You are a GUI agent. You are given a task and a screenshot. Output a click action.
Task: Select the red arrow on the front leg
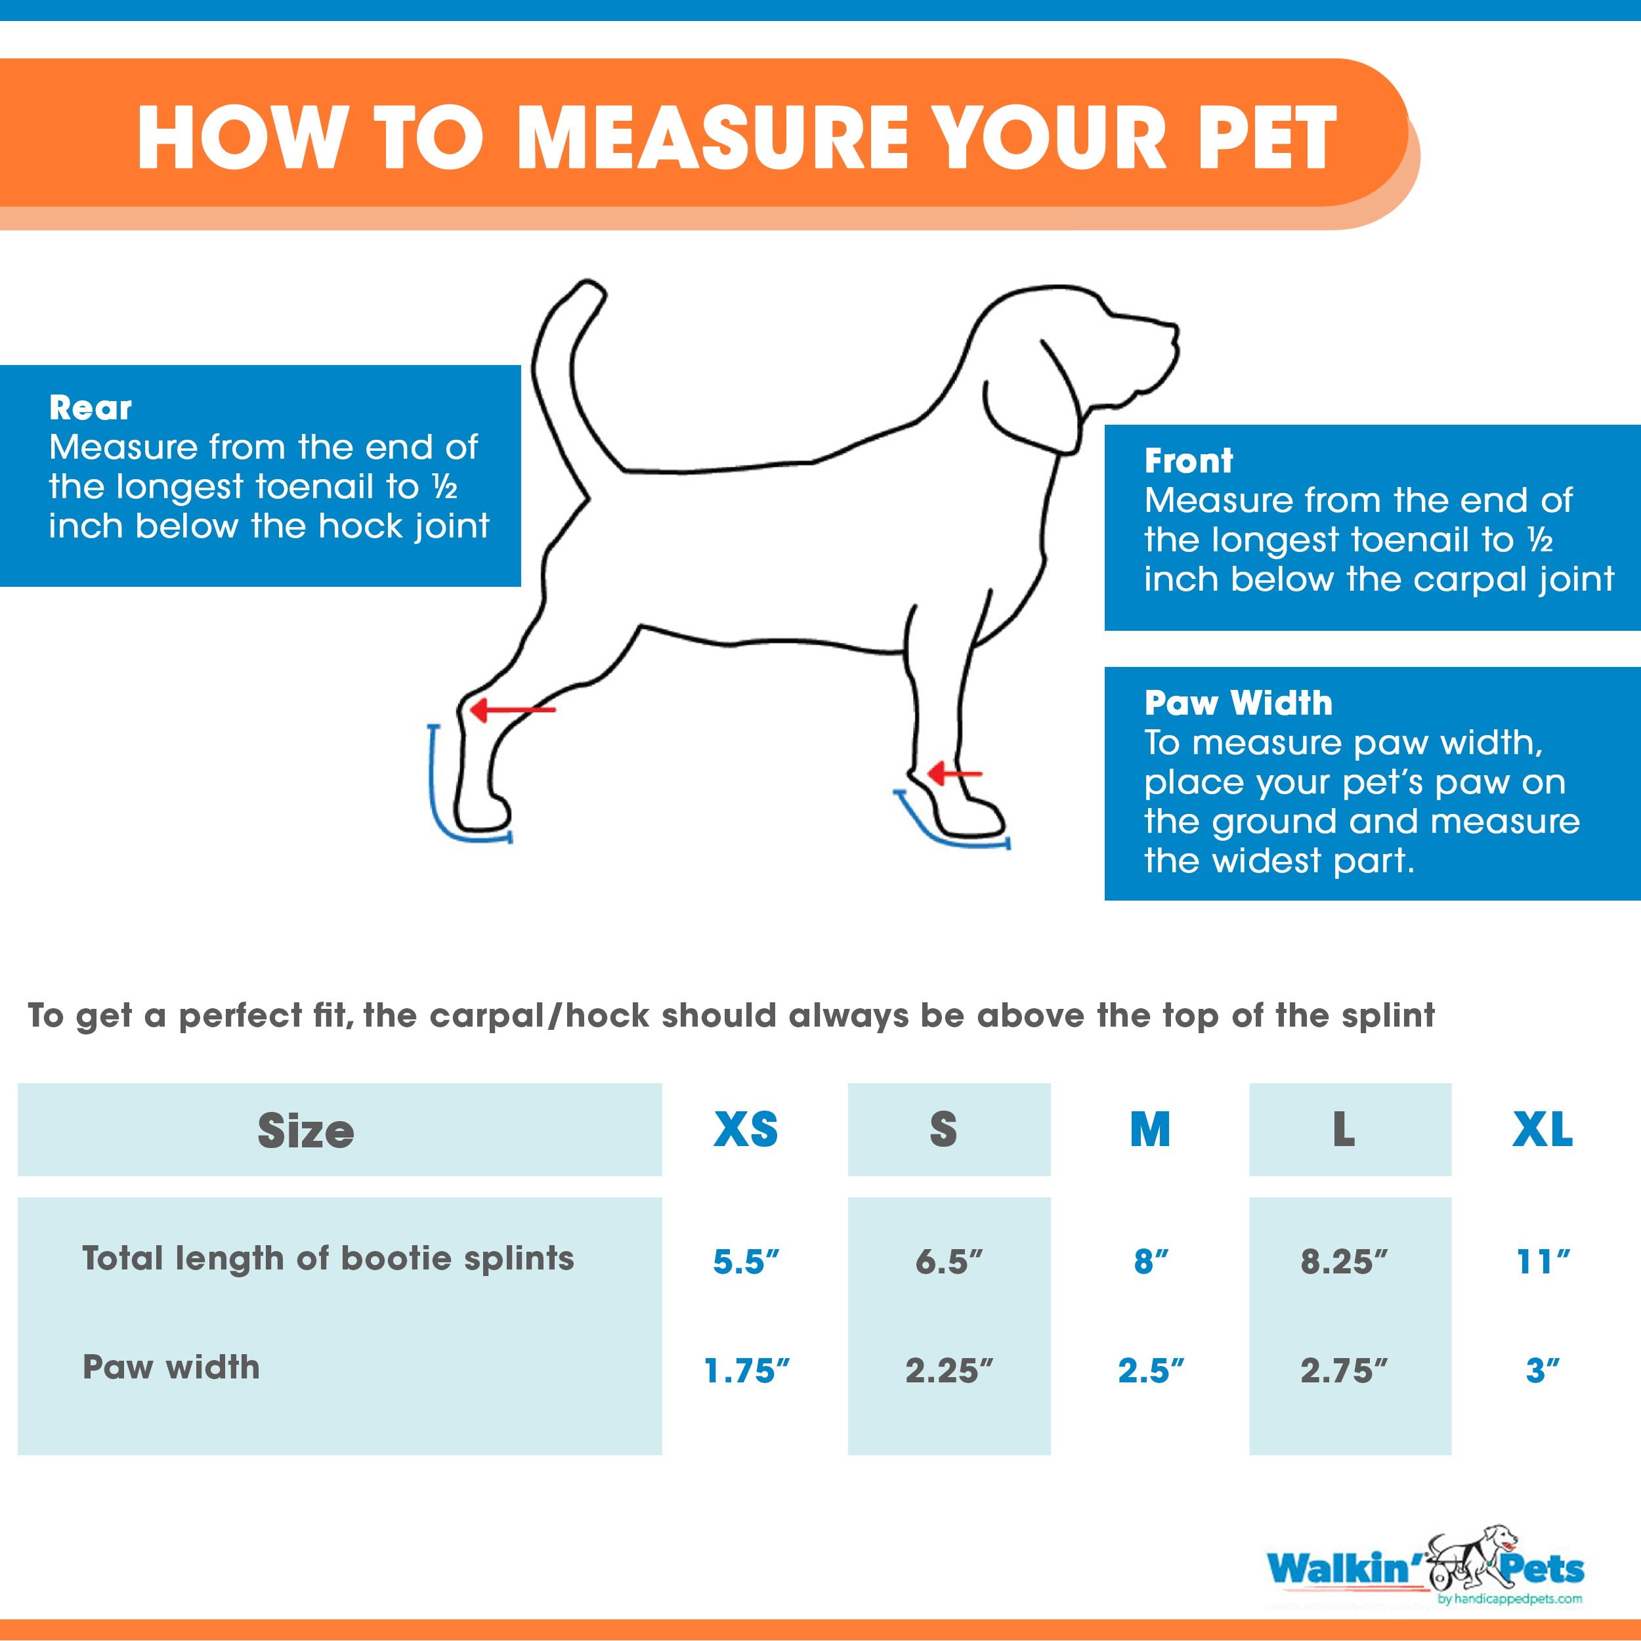954,774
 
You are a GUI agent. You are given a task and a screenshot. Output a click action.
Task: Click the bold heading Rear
90,408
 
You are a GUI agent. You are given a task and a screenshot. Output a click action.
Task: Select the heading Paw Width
1237,703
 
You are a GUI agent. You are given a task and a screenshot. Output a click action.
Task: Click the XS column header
745,1130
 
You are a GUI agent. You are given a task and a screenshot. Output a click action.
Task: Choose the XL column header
1542,1130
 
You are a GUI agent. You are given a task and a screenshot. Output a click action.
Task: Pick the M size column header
1149,1130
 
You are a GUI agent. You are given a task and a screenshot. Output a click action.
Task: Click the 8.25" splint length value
1343,1262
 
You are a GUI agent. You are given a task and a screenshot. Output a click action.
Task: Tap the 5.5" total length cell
745,1262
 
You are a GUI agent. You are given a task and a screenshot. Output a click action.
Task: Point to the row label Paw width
171,1367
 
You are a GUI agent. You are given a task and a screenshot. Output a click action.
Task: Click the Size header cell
306,1130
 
